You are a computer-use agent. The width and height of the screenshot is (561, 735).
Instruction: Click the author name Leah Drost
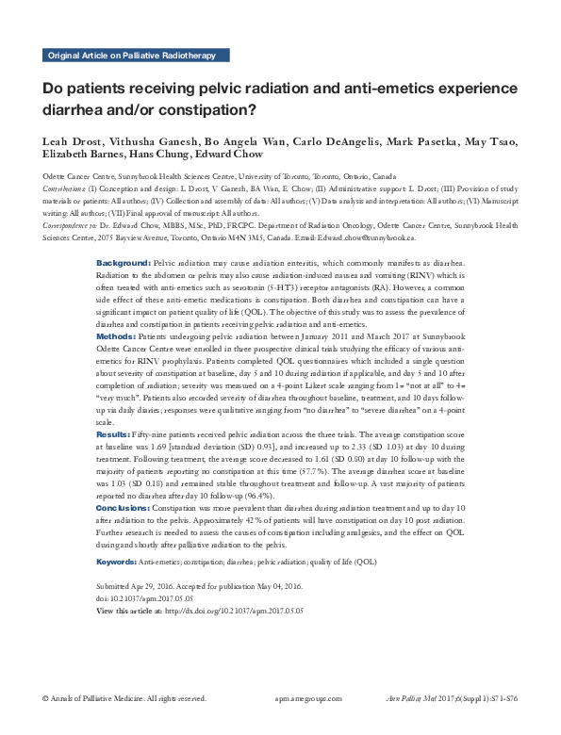[x=72, y=141]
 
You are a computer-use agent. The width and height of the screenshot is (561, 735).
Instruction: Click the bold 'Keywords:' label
[x=117, y=562]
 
